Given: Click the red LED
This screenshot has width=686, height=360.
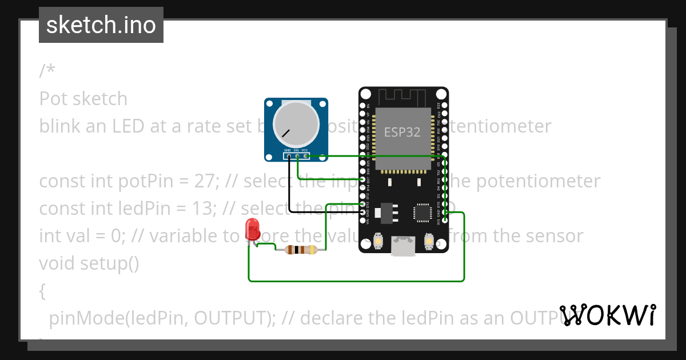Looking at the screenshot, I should click(x=252, y=229).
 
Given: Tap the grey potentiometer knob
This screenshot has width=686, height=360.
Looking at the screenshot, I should click(x=296, y=124).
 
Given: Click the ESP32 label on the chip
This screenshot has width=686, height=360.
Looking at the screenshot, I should click(x=402, y=132).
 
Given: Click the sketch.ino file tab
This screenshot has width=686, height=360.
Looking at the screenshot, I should click(x=101, y=25).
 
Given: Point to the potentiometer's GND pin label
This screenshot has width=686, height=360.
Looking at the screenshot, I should click(x=288, y=151).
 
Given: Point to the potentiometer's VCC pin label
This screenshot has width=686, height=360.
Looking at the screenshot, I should click(x=305, y=151).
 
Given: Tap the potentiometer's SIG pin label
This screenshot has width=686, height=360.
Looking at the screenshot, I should click(x=296, y=151).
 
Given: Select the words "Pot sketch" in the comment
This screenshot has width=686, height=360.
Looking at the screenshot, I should click(x=83, y=98).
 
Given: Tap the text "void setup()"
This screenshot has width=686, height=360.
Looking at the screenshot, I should click(x=89, y=263).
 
